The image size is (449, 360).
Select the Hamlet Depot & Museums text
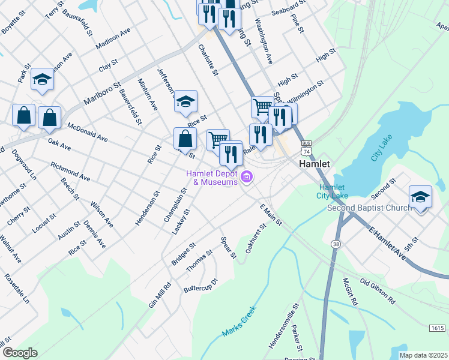(212, 177)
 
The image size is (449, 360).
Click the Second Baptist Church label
(369, 208)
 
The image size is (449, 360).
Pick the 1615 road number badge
(438, 328)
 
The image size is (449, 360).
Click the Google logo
(20, 353)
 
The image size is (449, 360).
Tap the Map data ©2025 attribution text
(423, 355)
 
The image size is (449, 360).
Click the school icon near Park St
(42, 79)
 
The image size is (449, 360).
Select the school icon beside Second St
(420, 196)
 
